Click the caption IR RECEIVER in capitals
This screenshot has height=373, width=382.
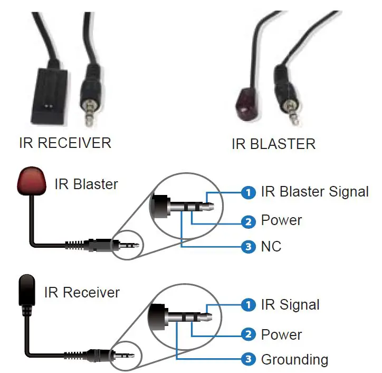[65, 143]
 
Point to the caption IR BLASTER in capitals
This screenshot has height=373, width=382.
[273, 144]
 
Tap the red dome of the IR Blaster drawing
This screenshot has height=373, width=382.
[33, 182]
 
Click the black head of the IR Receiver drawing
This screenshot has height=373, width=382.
[27, 290]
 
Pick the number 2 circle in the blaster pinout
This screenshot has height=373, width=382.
[249, 221]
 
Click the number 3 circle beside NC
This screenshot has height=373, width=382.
[249, 247]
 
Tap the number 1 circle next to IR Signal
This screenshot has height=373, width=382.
[249, 305]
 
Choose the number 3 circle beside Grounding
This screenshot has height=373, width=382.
[249, 360]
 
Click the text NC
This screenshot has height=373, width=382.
[271, 247]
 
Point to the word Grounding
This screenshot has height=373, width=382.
[294, 360]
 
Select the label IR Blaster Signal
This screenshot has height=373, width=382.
[314, 192]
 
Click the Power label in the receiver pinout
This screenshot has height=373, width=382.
[281, 335]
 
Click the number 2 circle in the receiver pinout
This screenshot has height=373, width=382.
[249, 334]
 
